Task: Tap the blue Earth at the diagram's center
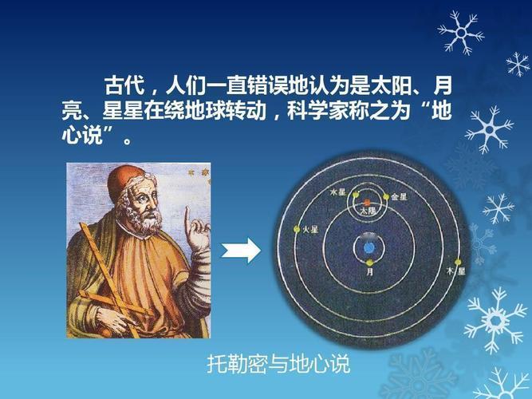pyautogui.click(x=368, y=248)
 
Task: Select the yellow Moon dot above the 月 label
pyautogui.click(x=368, y=263)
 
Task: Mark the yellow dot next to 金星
pyautogui.click(x=385, y=196)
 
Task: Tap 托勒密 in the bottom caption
pyautogui.click(x=233, y=366)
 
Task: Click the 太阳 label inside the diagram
pyautogui.click(x=366, y=212)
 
